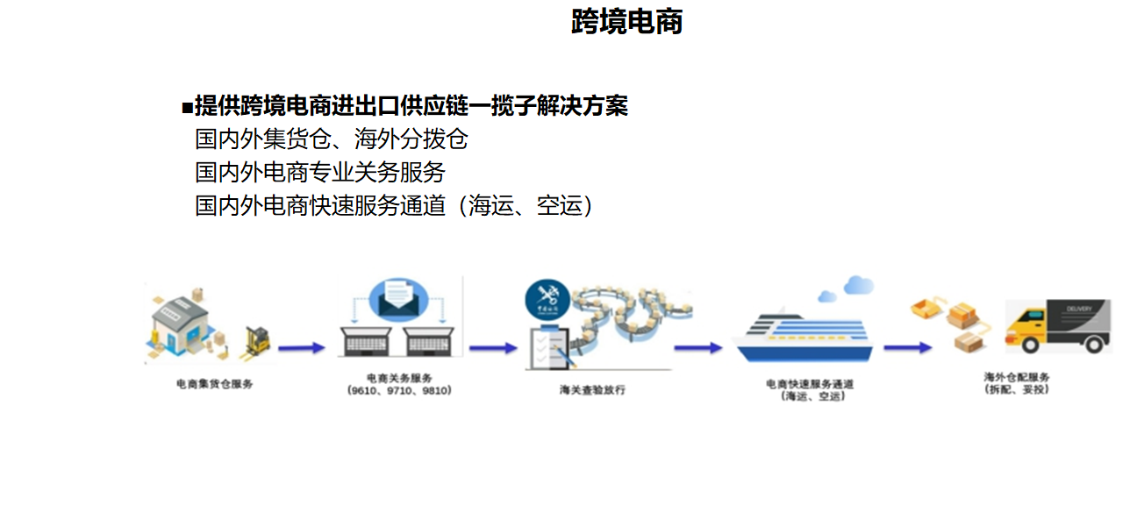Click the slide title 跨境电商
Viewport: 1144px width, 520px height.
[626, 22]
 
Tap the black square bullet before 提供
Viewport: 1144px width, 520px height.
[186, 108]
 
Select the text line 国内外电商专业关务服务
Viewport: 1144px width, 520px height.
[320, 172]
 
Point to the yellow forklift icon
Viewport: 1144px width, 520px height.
[256, 341]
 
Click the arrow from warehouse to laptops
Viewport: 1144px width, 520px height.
[301, 348]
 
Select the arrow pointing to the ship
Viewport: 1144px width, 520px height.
[697, 348]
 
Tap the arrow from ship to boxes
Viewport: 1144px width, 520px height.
[907, 348]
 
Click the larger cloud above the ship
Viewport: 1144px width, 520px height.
[859, 284]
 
